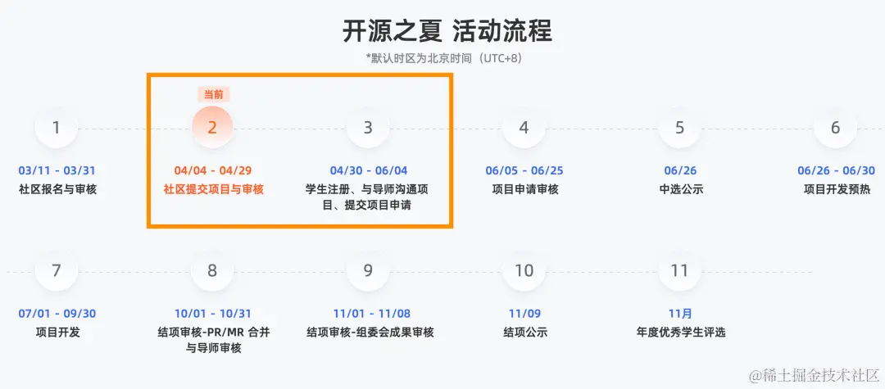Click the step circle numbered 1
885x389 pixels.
pyautogui.click(x=56, y=128)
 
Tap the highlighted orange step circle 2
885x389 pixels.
pyautogui.click(x=212, y=128)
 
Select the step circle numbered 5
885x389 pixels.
pyautogui.click(x=679, y=128)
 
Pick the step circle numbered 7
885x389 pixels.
pyautogui.click(x=56, y=270)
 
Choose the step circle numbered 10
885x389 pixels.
pyautogui.click(x=524, y=270)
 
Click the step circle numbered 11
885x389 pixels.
pyautogui.click(x=679, y=270)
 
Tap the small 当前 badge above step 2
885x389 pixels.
pyautogui.click(x=212, y=94)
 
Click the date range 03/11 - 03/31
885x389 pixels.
pyautogui.click(x=57, y=171)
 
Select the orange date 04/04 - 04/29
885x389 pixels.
pyautogui.click(x=212, y=171)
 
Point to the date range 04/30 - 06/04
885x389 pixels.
pyautogui.click(x=368, y=171)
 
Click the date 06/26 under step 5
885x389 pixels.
pyautogui.click(x=680, y=171)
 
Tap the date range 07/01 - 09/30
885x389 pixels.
pyautogui.click(x=57, y=314)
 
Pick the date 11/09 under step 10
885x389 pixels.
pyautogui.click(x=524, y=314)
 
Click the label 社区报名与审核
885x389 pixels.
pyautogui.click(x=57, y=189)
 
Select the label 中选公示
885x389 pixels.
pyautogui.click(x=680, y=189)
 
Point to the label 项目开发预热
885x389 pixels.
pyautogui.click(x=836, y=189)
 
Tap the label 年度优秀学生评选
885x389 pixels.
pyautogui.click(x=680, y=332)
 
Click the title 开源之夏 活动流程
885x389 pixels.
pyautogui.click(x=447, y=31)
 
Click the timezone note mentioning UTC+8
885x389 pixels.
pyautogui.click(x=443, y=58)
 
